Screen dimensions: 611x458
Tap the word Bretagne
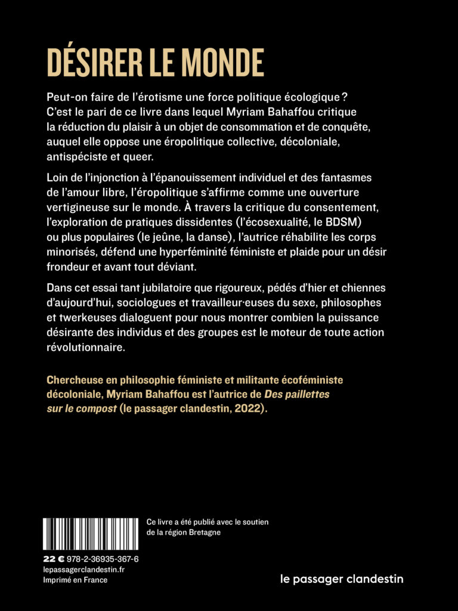(202, 532)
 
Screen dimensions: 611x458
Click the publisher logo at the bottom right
(341, 578)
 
